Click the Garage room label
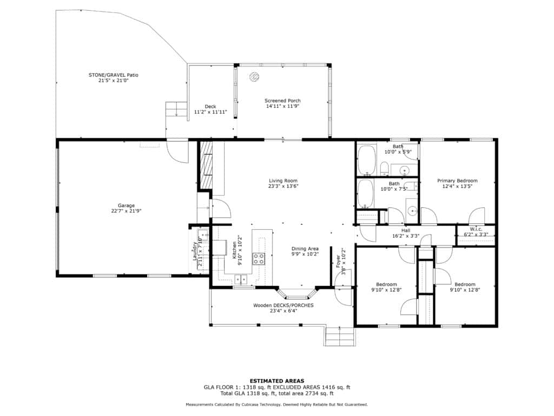tap(126, 205)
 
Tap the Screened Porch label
tap(282, 101)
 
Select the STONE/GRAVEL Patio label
tap(114, 75)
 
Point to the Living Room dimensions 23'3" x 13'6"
tap(283, 186)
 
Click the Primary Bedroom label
tap(457, 181)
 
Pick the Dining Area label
tap(305, 249)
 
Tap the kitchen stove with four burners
tap(259, 258)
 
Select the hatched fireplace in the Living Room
tap(206, 165)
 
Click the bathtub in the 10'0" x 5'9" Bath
tap(366, 160)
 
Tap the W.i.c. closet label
tap(476, 229)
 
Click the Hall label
tap(406, 231)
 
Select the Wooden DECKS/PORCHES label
tap(283, 305)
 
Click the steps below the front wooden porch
tap(340, 336)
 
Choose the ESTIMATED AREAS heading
tap(277, 381)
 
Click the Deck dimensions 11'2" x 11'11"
tap(210, 112)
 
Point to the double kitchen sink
tap(241, 280)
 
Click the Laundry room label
tap(195, 251)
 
